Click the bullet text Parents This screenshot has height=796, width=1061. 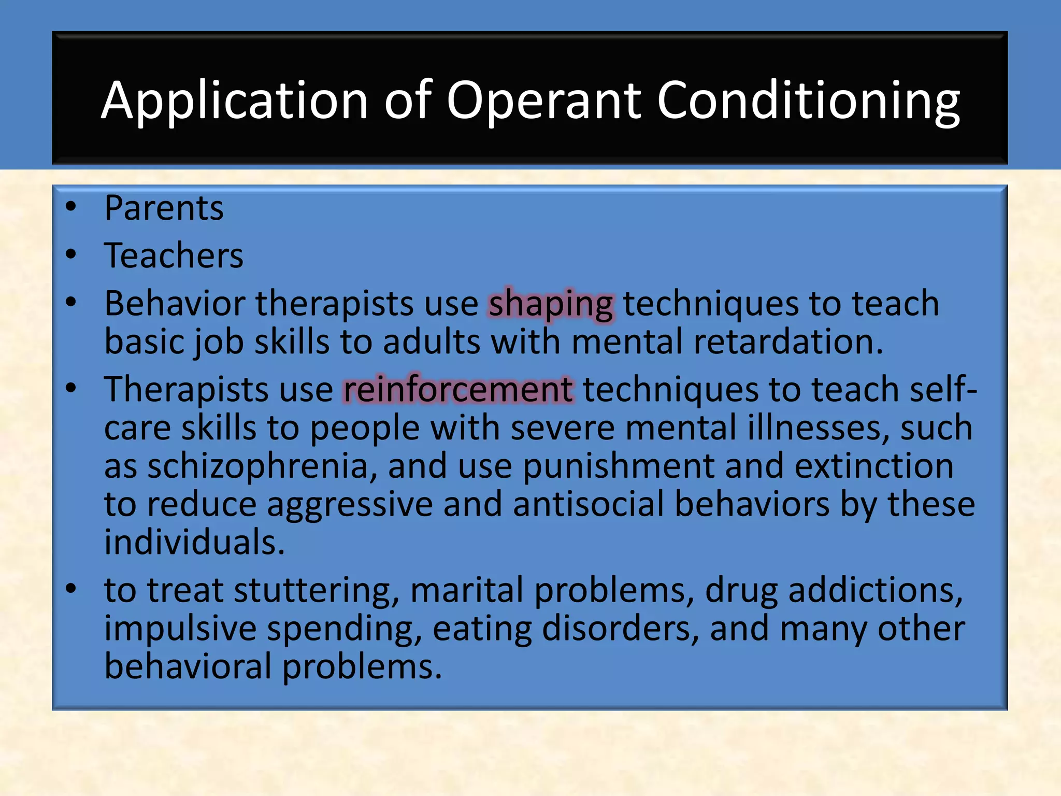[164, 208]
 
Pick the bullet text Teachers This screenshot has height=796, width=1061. [174, 255]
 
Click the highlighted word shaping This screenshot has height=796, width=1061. [551, 304]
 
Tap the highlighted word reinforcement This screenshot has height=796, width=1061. [458, 390]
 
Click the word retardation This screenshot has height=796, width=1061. [788, 342]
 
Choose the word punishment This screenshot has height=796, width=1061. [619, 466]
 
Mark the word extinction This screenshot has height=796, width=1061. [874, 466]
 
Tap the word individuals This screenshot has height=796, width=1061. [194, 542]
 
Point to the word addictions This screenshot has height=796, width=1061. [876, 590]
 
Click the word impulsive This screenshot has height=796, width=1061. [180, 629]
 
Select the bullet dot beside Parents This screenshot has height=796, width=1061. [71, 208]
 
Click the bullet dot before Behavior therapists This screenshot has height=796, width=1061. [71, 303]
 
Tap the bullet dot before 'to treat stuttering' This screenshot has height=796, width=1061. [71, 589]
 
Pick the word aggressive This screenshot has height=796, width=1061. [350, 505]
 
